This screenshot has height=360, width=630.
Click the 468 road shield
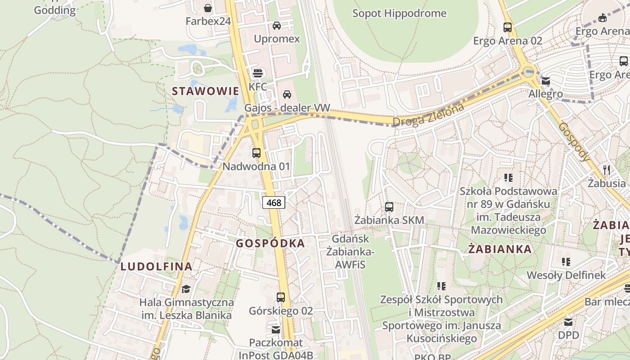tap(274, 202)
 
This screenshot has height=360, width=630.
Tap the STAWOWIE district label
tap(205, 91)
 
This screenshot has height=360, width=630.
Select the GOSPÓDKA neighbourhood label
tap(270, 243)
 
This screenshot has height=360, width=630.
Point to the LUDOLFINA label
tap(157, 266)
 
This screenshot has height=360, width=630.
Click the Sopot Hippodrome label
tap(399, 13)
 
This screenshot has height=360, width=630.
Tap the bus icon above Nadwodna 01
tap(256, 153)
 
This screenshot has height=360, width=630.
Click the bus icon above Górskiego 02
tap(281, 297)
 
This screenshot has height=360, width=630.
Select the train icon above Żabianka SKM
tap(389, 207)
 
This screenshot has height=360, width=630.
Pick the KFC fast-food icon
tap(258, 73)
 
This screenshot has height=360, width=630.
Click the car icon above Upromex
tap(277, 25)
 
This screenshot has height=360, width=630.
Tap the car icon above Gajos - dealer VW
tap(287, 94)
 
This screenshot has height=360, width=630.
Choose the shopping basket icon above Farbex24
tap(208, 8)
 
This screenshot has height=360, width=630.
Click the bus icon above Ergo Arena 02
tap(508, 27)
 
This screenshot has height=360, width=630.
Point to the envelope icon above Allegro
tap(546, 81)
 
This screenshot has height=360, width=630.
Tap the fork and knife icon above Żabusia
tap(607, 170)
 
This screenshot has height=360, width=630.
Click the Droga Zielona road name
tap(428, 115)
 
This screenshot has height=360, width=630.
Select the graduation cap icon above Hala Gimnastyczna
tap(186, 288)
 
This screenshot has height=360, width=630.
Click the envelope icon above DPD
tap(568, 322)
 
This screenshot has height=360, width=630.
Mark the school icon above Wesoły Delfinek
tap(566, 261)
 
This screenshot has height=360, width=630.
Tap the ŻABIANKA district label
tap(500, 249)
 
